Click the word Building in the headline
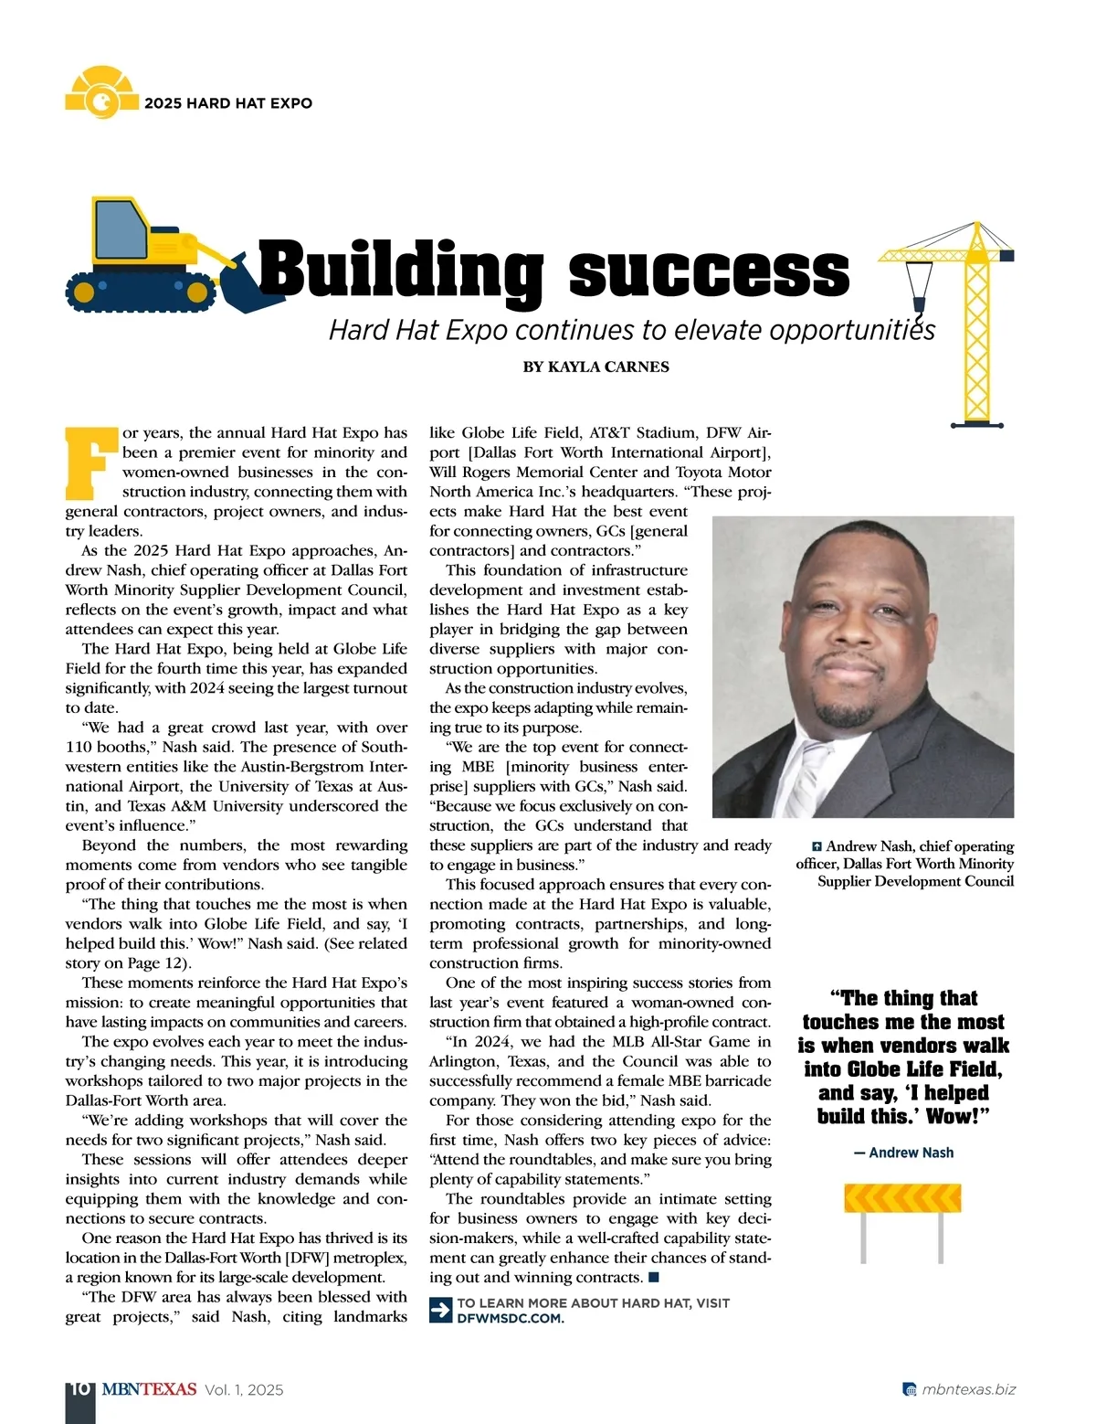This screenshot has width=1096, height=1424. click(x=402, y=270)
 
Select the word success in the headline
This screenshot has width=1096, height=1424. click(x=709, y=271)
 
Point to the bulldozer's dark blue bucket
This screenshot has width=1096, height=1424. click(x=239, y=285)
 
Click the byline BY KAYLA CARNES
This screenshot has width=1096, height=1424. click(x=595, y=367)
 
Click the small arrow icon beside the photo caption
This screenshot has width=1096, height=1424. click(x=817, y=846)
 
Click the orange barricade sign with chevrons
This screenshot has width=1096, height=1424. click(x=902, y=1198)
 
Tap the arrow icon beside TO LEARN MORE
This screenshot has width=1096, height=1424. click(x=440, y=1310)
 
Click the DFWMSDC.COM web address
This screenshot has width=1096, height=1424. click(x=510, y=1318)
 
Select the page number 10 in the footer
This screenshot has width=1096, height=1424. click(x=79, y=1389)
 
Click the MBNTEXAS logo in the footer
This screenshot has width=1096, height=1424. click(x=149, y=1389)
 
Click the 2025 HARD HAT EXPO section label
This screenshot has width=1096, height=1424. click(x=228, y=103)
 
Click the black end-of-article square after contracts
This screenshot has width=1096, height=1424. click(x=654, y=1277)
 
